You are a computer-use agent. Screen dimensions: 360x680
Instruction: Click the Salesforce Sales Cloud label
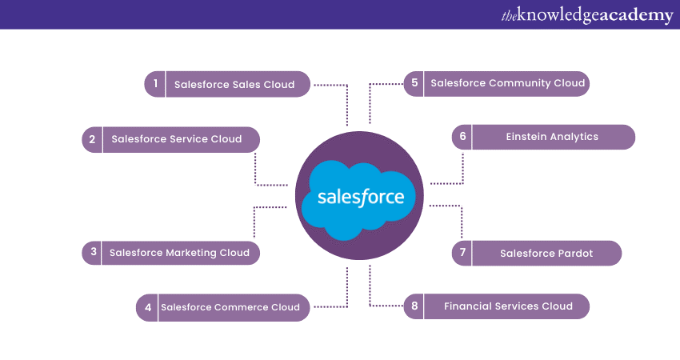[234, 84]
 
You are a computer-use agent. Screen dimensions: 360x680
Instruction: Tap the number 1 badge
[155, 84]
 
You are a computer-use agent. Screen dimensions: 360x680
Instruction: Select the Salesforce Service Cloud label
[176, 139]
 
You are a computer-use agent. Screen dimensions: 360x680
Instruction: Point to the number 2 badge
[92, 139]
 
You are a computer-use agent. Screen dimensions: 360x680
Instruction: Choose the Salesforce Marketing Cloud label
[179, 253]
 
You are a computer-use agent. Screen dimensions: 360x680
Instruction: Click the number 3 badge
[93, 253]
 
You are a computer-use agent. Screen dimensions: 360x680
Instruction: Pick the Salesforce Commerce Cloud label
[230, 307]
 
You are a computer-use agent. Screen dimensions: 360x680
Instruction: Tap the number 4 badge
[147, 307]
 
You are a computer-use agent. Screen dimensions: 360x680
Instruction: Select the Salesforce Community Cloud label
[508, 83]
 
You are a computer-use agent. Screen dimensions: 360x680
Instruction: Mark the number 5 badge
[414, 83]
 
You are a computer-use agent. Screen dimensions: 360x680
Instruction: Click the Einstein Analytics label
[552, 137]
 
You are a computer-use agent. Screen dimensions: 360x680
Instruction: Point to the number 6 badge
[462, 137]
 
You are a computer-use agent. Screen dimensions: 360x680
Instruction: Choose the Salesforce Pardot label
[546, 253]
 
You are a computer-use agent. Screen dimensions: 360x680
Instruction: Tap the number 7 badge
[462, 253]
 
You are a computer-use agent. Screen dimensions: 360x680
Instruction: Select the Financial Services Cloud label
[508, 306]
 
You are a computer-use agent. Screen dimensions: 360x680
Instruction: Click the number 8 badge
[414, 306]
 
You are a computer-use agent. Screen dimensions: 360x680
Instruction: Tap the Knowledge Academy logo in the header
[586, 15]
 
